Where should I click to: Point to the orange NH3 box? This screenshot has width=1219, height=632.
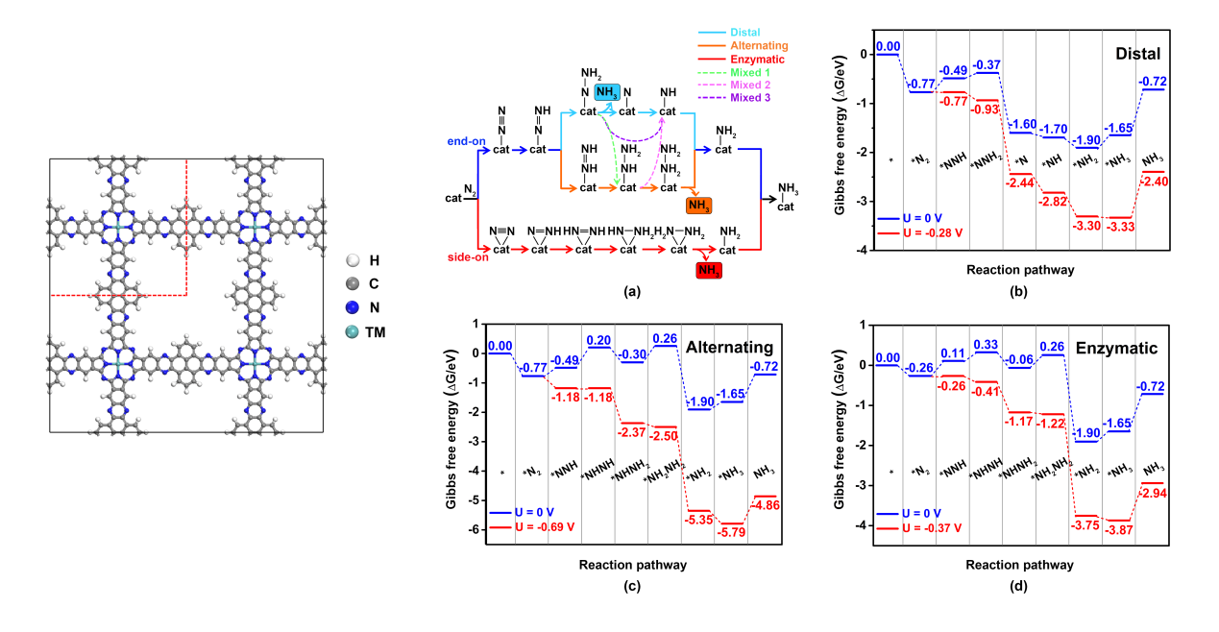(699, 205)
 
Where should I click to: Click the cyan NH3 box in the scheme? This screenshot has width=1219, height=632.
(607, 92)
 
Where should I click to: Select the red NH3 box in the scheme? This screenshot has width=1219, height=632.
(709, 271)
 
